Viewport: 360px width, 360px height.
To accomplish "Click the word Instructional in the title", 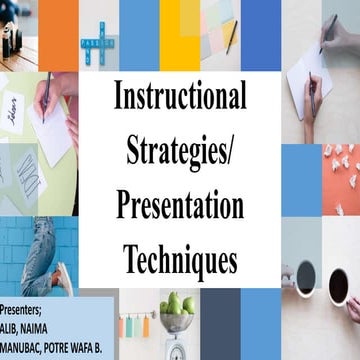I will pyautogui.click(x=180, y=98).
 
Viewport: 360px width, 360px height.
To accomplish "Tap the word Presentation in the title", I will pyautogui.click(x=180, y=206).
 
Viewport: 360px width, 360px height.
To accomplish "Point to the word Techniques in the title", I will pyautogui.click(x=180, y=258).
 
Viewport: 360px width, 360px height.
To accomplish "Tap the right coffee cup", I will pyautogui.click(x=338, y=284).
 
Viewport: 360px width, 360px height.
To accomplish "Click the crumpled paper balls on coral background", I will pyautogui.click(x=340, y=170).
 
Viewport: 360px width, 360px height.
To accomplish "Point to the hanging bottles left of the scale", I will pyautogui.click(x=132, y=322).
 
